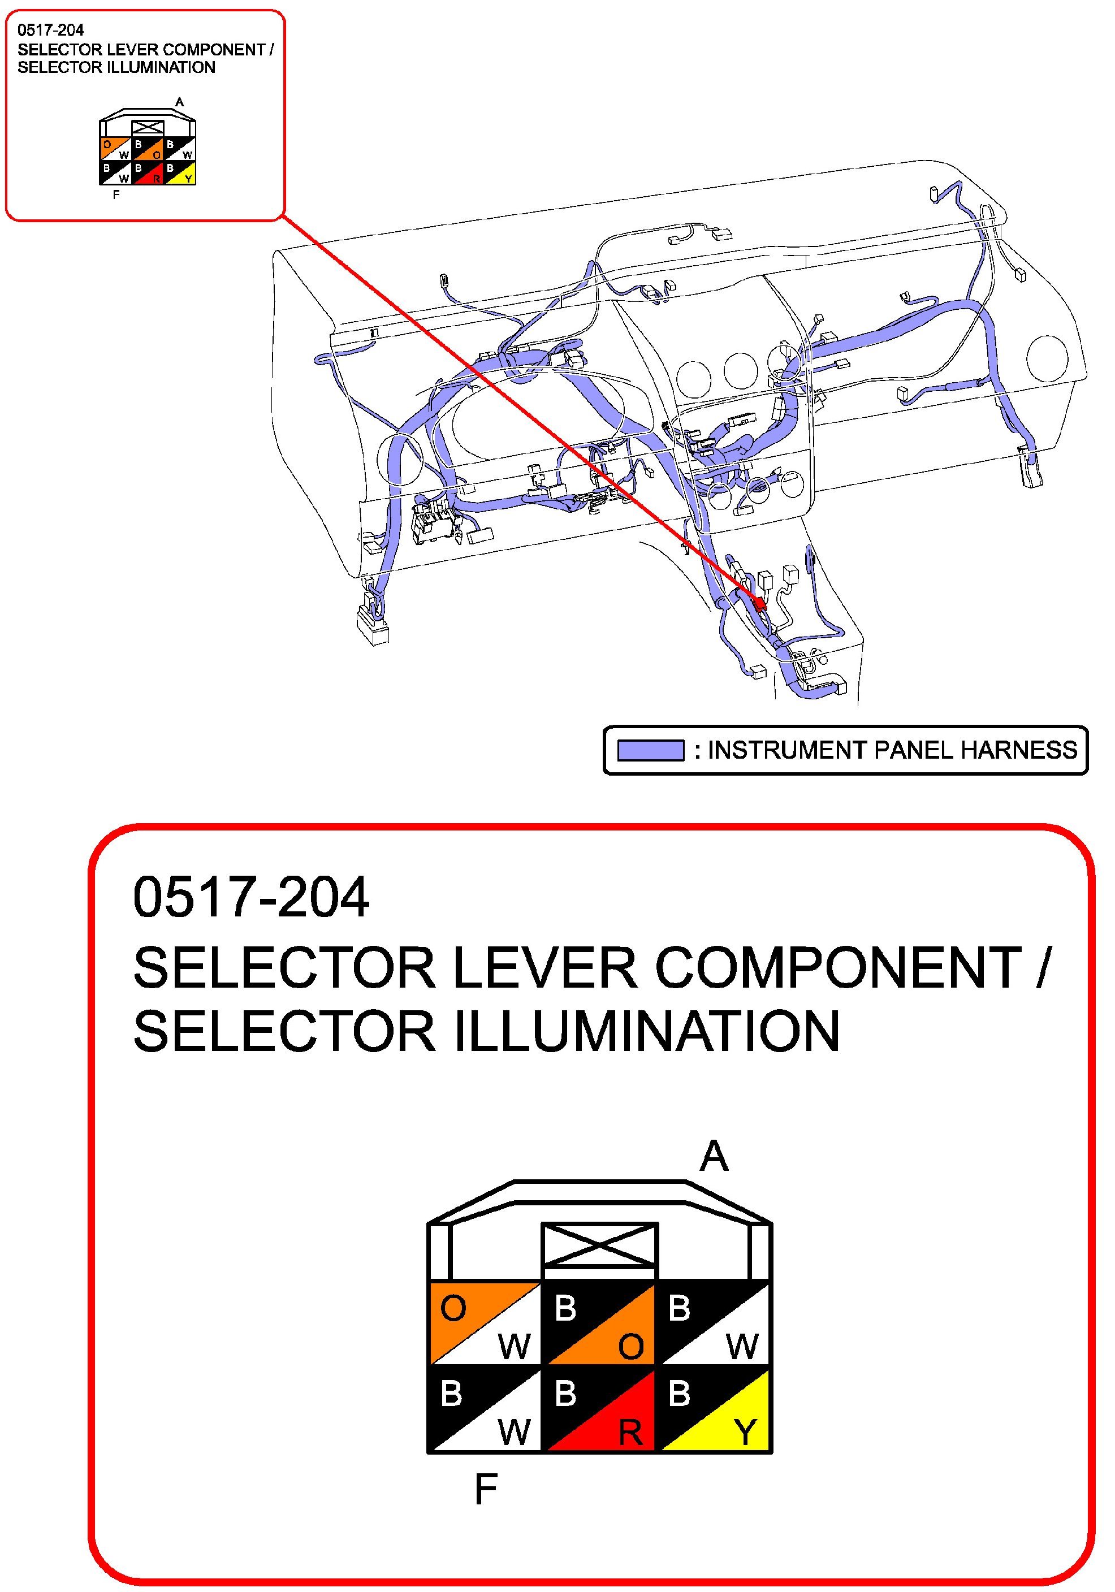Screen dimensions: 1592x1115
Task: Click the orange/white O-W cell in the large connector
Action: [485, 1323]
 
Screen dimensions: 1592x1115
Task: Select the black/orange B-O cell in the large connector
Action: [600, 1323]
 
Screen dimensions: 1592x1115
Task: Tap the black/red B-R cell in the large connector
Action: [600, 1408]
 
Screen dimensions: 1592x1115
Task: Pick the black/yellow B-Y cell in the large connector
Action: [714, 1408]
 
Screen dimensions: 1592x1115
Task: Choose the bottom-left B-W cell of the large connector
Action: [485, 1408]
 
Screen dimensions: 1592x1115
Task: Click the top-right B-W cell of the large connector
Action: [714, 1323]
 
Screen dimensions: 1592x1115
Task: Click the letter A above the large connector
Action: [714, 1156]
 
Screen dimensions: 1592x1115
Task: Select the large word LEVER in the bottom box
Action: [543, 967]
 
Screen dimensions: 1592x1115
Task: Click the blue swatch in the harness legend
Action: [650, 750]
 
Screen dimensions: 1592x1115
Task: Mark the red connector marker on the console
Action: [760, 603]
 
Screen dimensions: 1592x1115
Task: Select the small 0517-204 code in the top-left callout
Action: [51, 30]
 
